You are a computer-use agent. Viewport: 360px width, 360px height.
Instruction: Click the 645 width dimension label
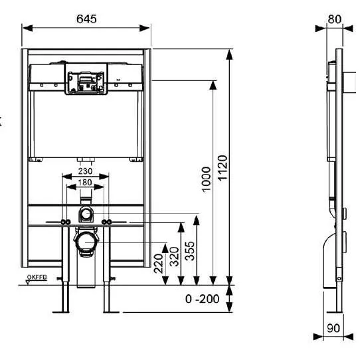tap(86, 19)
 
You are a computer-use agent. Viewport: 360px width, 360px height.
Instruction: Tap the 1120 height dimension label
tap(223, 168)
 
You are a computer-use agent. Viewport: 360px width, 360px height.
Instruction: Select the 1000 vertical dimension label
tap(206, 179)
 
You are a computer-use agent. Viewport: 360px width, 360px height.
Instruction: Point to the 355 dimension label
tap(190, 251)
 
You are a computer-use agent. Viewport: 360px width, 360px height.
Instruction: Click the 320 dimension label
tap(174, 256)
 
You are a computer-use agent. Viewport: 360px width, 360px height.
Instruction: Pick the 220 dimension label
tap(158, 263)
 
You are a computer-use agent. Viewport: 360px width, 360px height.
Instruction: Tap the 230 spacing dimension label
tap(85, 171)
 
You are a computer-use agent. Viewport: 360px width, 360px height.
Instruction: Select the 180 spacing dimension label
tap(85, 182)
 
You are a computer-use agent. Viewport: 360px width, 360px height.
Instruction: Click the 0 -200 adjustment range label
tap(202, 299)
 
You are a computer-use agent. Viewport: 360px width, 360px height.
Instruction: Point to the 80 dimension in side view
tap(335, 19)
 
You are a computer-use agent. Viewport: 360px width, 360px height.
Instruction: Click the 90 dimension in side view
tap(333, 328)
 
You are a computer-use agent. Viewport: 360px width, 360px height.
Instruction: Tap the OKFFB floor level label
tap(37, 277)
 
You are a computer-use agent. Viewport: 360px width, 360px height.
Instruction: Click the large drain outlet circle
tap(86, 242)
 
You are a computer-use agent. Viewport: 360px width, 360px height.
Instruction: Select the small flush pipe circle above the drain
tap(86, 214)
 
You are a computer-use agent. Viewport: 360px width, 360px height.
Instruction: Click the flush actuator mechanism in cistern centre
tap(86, 82)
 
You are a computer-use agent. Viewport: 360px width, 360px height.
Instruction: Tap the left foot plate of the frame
tap(60, 312)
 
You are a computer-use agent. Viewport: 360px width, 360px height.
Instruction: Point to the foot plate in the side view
tap(335, 312)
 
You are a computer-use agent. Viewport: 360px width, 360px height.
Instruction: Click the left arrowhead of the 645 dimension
tap(27, 29)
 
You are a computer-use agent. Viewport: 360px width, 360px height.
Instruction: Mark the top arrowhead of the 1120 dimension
tap(229, 54)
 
